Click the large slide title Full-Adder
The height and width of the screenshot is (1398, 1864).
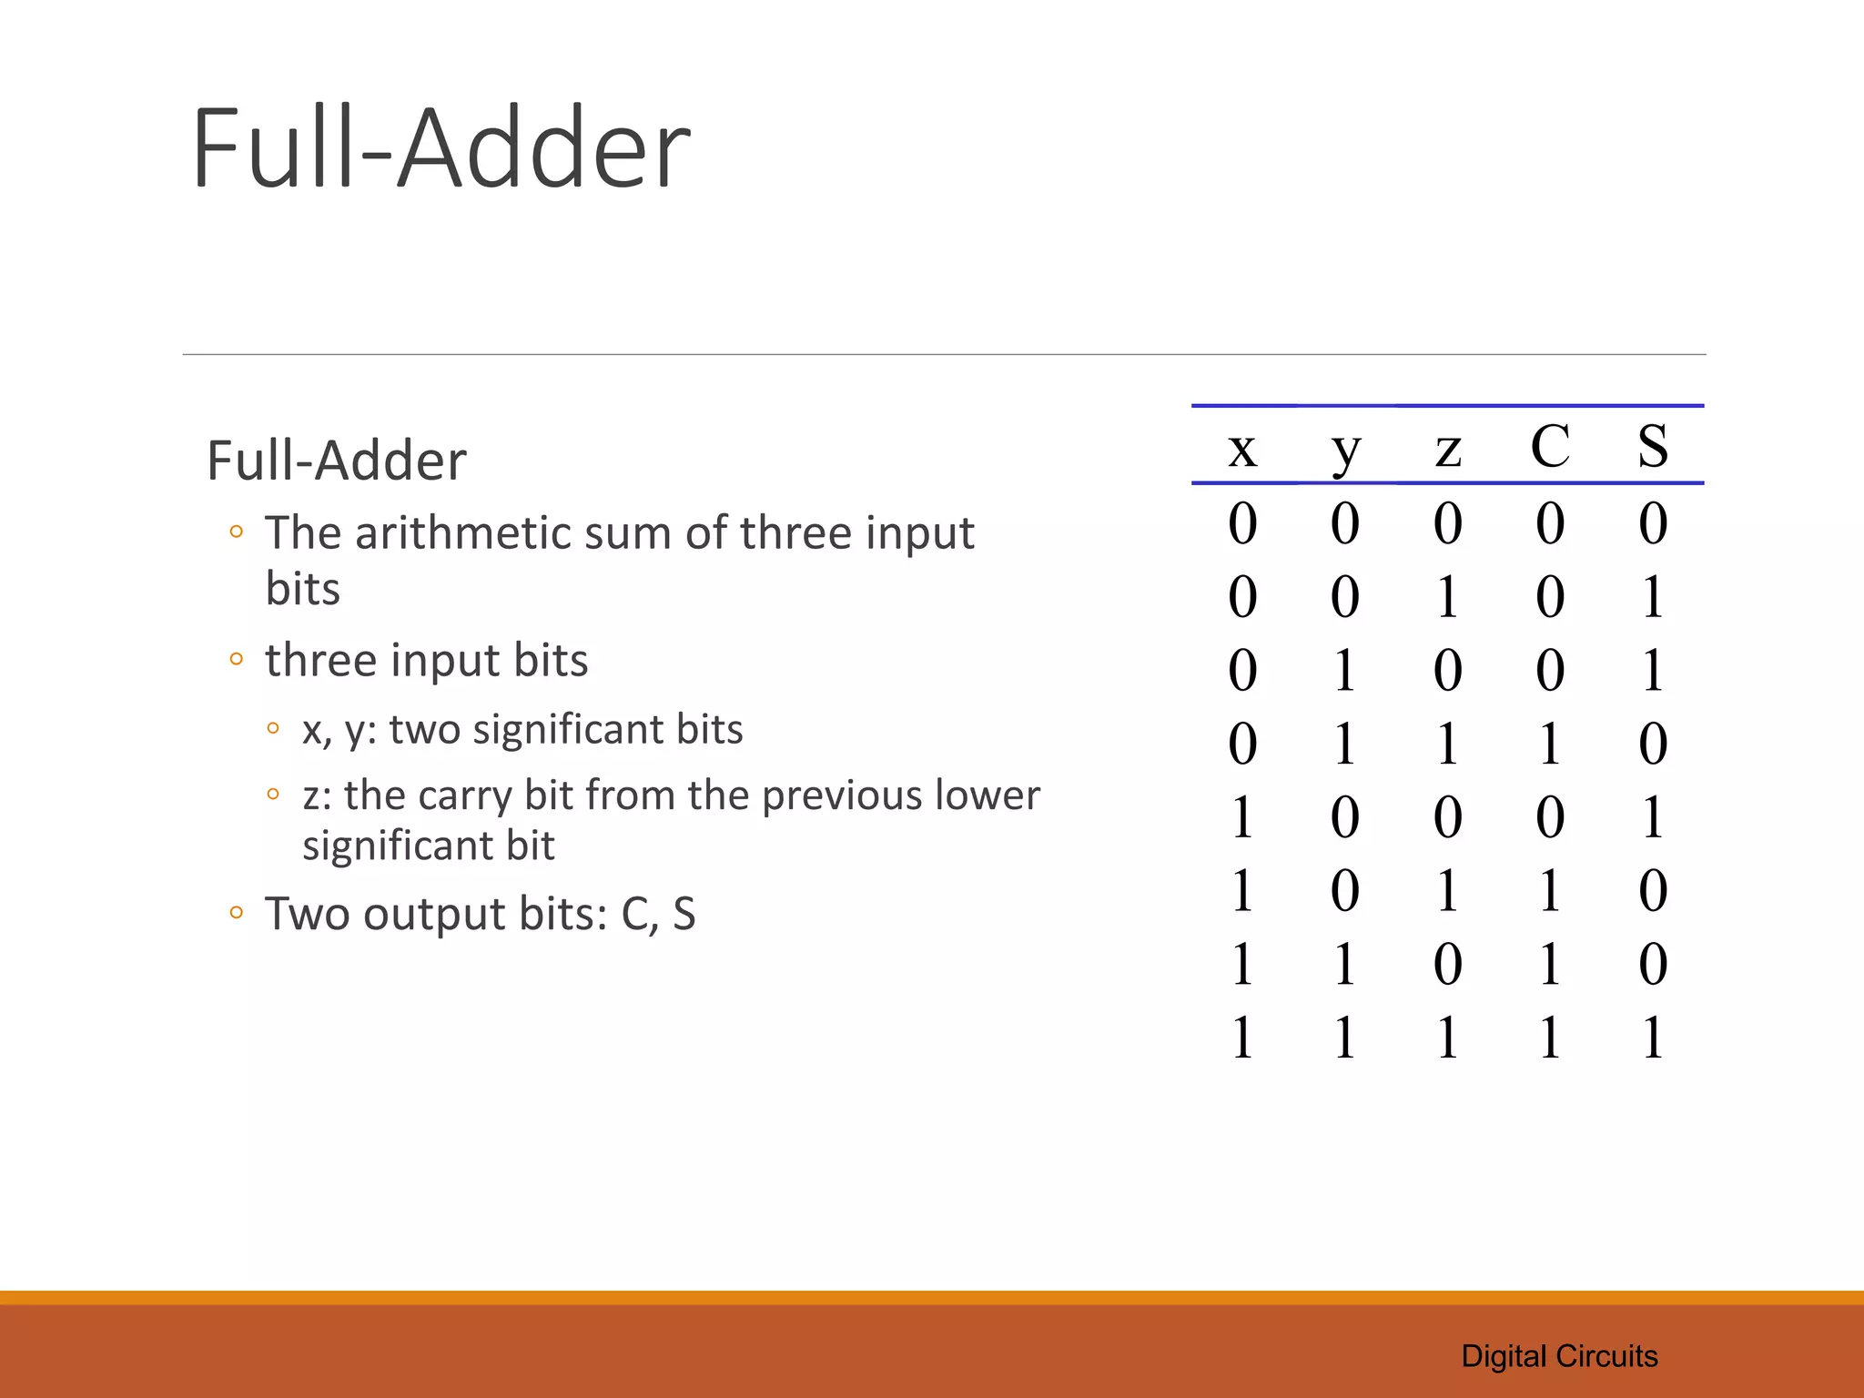pyautogui.click(x=441, y=148)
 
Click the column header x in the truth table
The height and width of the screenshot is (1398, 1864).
pyautogui.click(x=1242, y=448)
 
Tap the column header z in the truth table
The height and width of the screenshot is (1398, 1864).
pyautogui.click(x=1448, y=449)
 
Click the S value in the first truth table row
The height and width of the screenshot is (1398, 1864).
pyautogui.click(x=1653, y=523)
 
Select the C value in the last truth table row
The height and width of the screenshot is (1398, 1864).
pyautogui.click(x=1550, y=1038)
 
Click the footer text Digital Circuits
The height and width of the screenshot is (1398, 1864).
pyautogui.click(x=1559, y=1356)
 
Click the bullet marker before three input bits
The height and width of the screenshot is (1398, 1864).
pyautogui.click(x=237, y=659)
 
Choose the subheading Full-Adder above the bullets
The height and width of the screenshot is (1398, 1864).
pyautogui.click(x=336, y=461)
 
